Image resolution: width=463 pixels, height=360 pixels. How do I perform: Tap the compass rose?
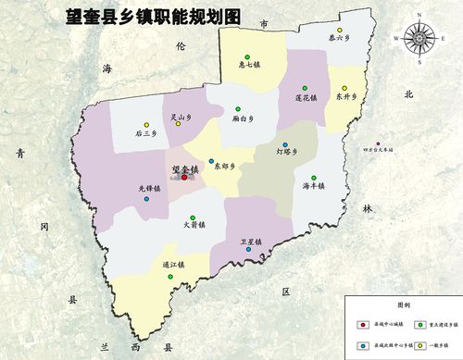point(419,38)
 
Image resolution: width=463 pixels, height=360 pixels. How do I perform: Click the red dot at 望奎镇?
point(184,177)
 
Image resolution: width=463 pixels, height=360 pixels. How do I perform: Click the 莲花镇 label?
point(307,96)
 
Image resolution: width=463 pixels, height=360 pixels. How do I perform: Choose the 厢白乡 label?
point(244,119)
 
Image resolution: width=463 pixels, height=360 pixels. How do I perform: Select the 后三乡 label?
point(146,134)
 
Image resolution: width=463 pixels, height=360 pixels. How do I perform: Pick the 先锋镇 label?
point(150,188)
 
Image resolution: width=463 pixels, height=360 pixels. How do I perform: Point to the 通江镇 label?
point(173,264)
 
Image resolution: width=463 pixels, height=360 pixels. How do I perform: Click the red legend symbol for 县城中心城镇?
point(361,325)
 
